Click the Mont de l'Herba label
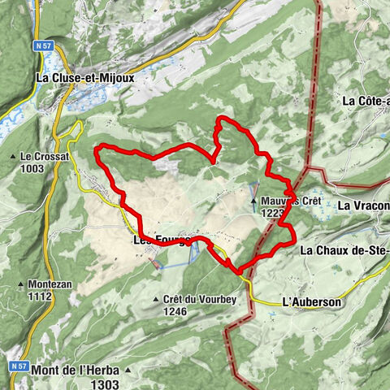(x=77, y=370)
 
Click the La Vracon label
(x=364, y=205)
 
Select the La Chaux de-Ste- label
(x=344, y=250)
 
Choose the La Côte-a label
(x=366, y=102)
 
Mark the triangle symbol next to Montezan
(x=20, y=285)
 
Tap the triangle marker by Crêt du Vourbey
(x=156, y=299)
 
